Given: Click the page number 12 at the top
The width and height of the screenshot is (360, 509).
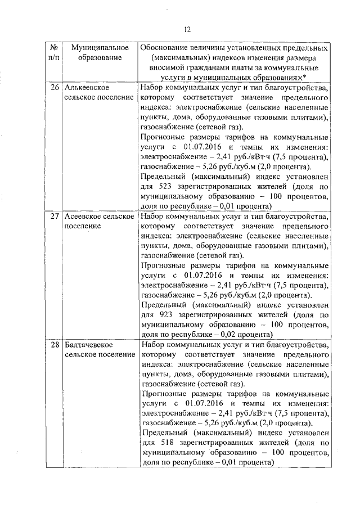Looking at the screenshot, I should [187, 29].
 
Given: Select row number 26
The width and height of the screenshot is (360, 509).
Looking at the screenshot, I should [55, 88].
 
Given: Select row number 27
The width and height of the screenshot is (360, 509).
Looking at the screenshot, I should [55, 216].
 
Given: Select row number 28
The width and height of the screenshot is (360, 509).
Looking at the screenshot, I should [55, 344].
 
